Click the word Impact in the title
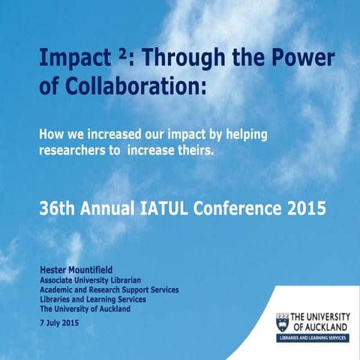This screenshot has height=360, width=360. tap(72, 60)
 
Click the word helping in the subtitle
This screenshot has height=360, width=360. tap(243, 135)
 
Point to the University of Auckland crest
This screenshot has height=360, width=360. tap(283, 322)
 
